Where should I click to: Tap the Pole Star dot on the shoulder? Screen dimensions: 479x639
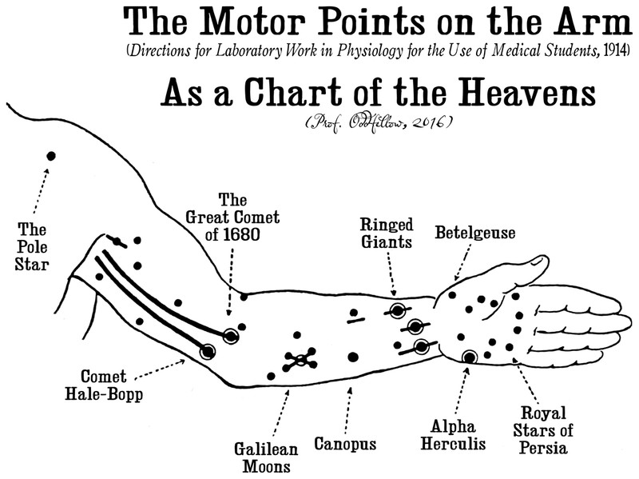(51, 155)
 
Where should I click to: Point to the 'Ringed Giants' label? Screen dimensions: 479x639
(386, 232)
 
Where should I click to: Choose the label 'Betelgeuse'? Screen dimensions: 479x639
(475, 233)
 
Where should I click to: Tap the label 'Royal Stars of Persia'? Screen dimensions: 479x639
(543, 430)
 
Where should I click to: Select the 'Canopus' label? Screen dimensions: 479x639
(345, 442)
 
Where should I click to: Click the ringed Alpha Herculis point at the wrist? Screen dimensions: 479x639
(469, 357)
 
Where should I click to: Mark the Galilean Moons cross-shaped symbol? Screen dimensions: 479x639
(300, 359)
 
